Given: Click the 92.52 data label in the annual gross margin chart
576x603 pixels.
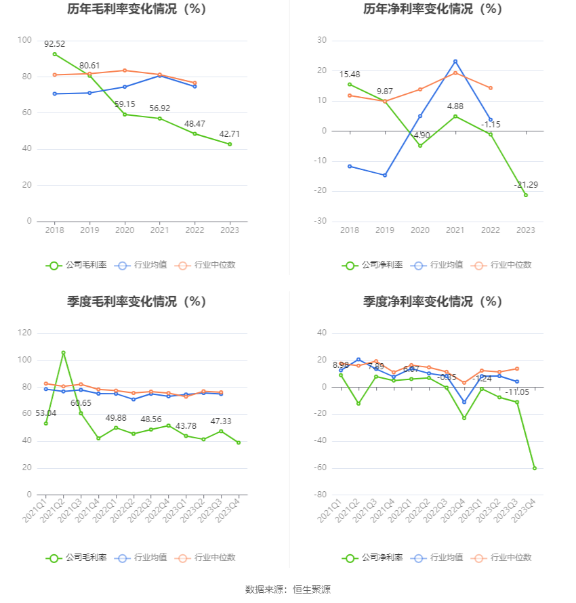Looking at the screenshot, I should (x=55, y=44).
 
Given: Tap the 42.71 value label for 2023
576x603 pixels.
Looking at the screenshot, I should (x=229, y=134).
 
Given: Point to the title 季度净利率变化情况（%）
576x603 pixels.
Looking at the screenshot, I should (x=432, y=301).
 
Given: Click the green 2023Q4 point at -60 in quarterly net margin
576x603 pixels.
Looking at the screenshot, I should (x=534, y=468).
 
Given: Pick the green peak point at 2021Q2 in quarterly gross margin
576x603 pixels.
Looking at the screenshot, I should (x=63, y=353).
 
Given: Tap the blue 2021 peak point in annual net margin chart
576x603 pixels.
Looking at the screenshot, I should (x=455, y=61).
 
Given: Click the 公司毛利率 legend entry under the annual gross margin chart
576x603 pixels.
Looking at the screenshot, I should (x=77, y=265).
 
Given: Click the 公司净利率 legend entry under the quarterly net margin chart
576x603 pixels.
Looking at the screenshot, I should (x=373, y=558).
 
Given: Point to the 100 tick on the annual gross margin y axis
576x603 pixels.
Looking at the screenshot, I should (x=24, y=41).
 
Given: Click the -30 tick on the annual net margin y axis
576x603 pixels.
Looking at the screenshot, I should (x=321, y=222).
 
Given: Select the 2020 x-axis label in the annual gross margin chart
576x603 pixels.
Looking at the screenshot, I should (x=125, y=230).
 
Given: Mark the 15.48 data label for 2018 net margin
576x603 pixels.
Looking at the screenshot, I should (x=350, y=75).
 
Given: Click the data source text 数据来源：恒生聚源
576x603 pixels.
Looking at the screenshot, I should (x=287, y=589).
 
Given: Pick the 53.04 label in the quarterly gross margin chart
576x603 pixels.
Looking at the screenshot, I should (x=45, y=413).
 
